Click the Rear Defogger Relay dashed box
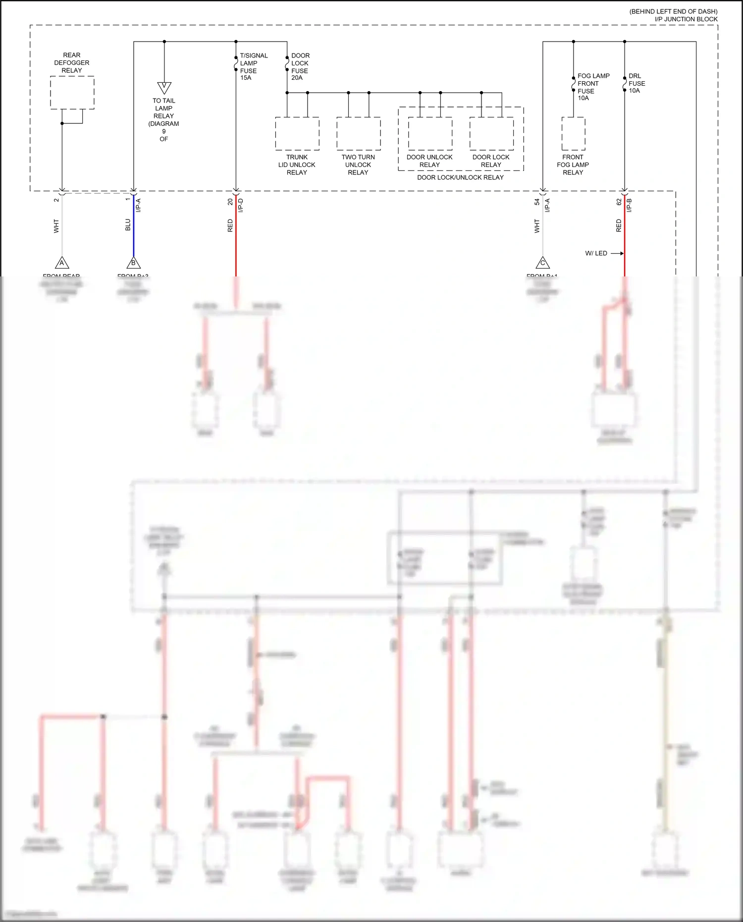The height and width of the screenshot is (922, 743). coord(72,93)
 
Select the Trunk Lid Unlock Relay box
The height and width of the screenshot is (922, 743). coord(297,134)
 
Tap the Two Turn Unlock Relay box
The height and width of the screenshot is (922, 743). coord(359,134)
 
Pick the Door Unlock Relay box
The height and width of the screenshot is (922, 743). coord(430,134)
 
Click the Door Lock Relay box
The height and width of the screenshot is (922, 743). coord(491,134)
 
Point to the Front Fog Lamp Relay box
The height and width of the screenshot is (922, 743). coord(573,134)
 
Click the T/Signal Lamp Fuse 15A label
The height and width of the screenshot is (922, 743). coord(253,66)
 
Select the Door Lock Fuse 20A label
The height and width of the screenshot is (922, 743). coord(300,66)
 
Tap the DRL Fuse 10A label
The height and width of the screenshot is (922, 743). coord(637,83)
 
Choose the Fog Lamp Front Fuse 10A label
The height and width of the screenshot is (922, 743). coord(592,87)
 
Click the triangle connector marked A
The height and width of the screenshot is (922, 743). coord(62,263)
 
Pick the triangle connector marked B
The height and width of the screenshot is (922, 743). coord(133,263)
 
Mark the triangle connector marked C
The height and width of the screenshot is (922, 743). coord(543,263)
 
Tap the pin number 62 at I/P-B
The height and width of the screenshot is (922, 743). coord(619,202)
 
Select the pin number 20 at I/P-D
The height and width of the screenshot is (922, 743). coord(230,202)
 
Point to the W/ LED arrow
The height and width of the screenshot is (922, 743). coord(616,253)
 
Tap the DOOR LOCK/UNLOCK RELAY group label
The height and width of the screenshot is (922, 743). coord(460,177)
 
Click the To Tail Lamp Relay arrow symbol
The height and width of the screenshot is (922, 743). coord(164,88)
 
